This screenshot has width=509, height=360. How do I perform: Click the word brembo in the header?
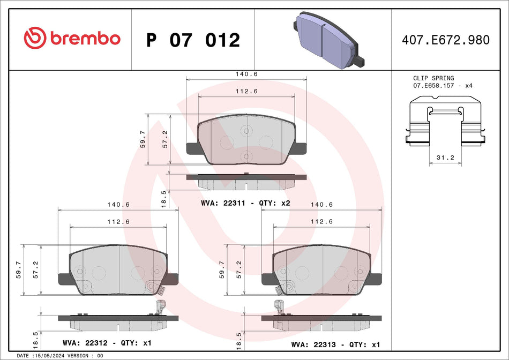[x=85, y=39]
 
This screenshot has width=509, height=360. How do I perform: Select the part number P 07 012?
[x=193, y=40]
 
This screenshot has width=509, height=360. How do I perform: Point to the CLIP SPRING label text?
[x=433, y=78]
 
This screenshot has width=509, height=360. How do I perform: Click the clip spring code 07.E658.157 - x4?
[x=443, y=86]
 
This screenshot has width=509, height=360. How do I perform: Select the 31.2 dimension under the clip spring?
[x=446, y=158]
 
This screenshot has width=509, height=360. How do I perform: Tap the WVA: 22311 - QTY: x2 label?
[x=245, y=203]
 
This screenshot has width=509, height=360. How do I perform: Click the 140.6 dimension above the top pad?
[x=246, y=74]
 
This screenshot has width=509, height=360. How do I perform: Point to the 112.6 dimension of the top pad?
[x=246, y=91]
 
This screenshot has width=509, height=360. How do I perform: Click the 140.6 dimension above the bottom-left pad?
[x=118, y=205]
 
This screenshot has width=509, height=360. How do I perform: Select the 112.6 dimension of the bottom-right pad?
[x=322, y=221]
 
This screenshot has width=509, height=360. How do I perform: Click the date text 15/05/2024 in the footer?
[x=51, y=356]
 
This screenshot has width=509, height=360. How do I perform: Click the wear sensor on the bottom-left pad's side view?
[x=159, y=308]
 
